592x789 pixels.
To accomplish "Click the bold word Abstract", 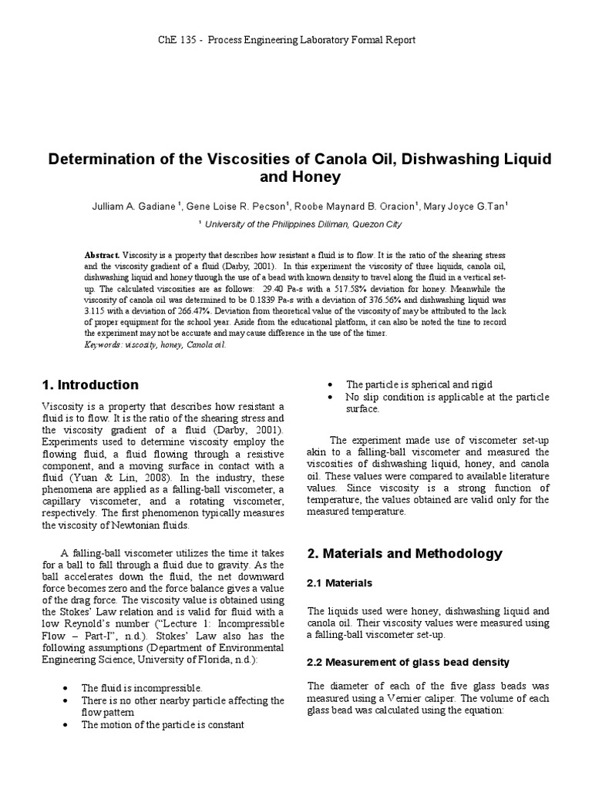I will [x=102, y=254].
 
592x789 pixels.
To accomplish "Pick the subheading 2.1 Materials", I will [x=340, y=583].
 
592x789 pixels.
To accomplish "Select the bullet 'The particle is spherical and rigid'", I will [x=419, y=384].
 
